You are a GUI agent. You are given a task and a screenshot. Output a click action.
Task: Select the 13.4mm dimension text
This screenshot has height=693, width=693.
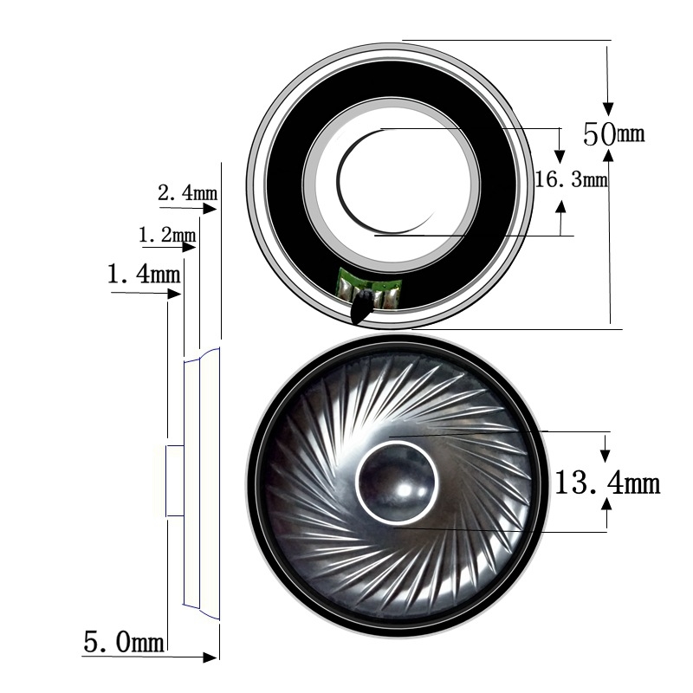coord(607,483)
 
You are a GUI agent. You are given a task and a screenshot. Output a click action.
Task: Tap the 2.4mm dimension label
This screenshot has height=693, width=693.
coord(187,192)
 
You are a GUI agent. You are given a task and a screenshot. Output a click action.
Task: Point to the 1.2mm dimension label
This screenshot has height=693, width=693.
coord(166,235)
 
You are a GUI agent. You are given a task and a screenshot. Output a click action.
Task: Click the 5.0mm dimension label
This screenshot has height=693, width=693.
coord(123,642)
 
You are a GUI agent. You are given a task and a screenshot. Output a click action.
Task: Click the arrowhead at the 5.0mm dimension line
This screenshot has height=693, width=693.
coord(210,657)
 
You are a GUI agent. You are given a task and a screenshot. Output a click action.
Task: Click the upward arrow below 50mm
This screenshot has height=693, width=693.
coord(610,155)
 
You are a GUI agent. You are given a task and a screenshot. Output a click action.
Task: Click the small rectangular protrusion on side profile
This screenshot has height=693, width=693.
coord(174,481)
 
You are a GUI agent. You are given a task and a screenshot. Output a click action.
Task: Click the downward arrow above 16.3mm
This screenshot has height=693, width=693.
coord(560,155)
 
